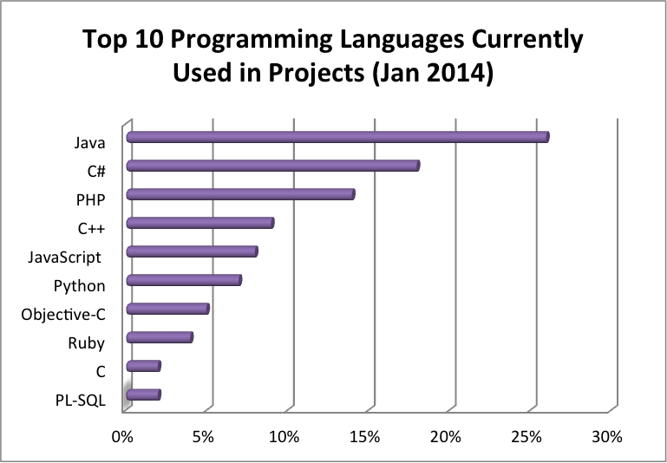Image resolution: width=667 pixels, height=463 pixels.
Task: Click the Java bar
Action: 338,138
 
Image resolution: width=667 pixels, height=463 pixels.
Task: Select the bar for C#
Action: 273,166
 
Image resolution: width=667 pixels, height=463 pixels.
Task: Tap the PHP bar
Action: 240,194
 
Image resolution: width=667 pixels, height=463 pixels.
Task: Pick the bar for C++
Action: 200,223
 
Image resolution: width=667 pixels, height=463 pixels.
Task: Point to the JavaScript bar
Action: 192,251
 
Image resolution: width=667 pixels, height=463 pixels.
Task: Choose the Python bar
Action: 184,280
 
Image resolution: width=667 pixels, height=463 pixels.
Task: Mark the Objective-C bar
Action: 167,309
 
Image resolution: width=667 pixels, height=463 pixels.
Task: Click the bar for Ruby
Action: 160,337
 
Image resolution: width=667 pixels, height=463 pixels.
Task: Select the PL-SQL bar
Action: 143,395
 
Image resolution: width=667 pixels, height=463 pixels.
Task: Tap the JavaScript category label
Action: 65,258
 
